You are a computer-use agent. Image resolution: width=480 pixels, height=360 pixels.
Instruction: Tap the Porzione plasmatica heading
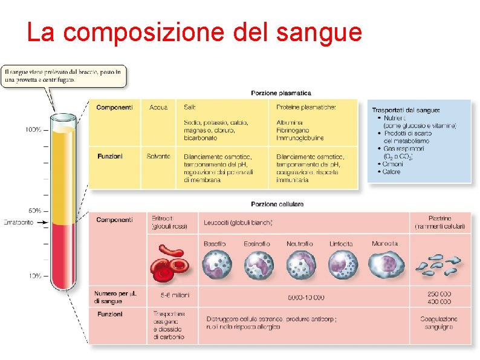[281, 93]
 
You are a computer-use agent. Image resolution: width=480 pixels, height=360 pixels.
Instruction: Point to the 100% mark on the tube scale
[33, 129]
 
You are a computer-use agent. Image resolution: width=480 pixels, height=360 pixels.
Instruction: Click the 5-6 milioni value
[175, 296]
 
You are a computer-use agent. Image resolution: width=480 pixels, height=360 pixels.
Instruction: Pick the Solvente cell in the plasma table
[158, 156]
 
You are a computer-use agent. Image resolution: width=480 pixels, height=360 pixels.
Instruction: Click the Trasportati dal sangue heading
[406, 110]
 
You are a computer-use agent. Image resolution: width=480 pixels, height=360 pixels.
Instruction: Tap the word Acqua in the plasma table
[158, 107]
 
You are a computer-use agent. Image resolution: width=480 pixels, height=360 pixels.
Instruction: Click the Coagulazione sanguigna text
[439, 322]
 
